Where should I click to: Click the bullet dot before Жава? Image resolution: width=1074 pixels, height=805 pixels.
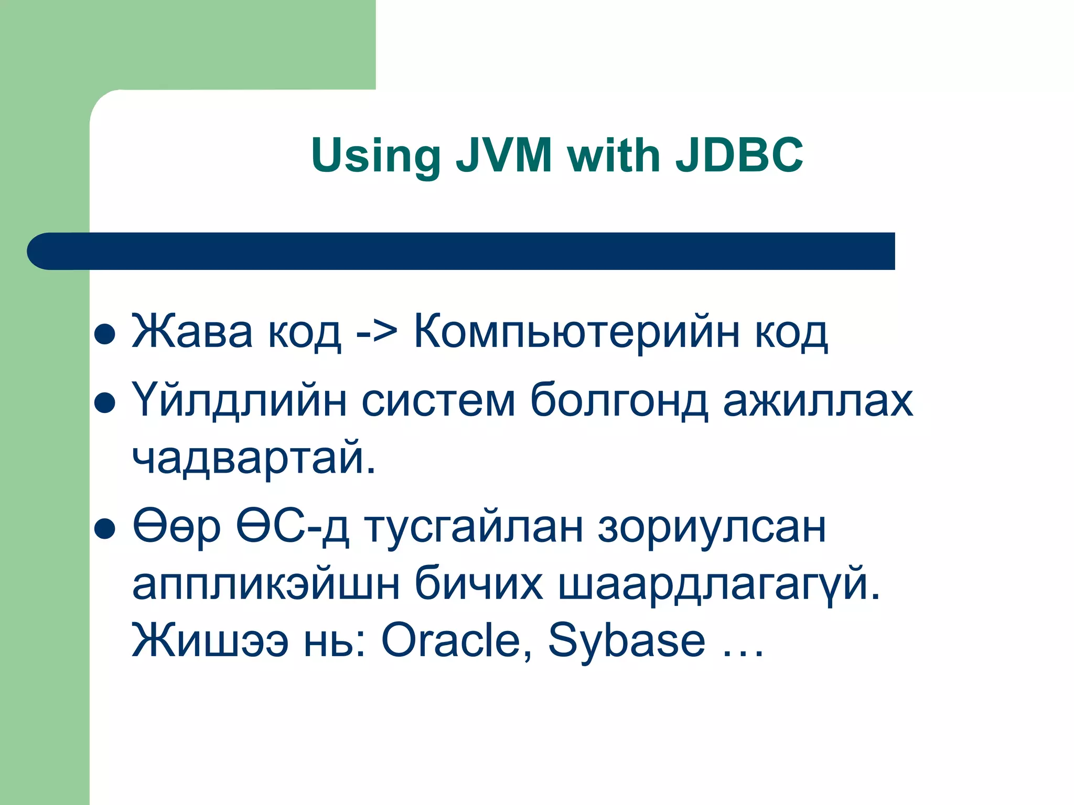pyautogui.click(x=104, y=334)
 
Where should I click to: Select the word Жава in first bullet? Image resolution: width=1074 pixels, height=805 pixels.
pyautogui.click(x=192, y=332)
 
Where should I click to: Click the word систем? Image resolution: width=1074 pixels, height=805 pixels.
pyautogui.click(x=438, y=401)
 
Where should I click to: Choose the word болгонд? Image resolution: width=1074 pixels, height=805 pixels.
pyautogui.click(x=619, y=401)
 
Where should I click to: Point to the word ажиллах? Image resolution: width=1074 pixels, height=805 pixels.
pyautogui.click(x=818, y=401)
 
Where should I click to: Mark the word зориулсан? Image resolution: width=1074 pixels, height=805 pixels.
pyautogui.click(x=712, y=527)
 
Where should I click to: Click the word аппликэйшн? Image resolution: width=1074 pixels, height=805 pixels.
pyautogui.click(x=266, y=584)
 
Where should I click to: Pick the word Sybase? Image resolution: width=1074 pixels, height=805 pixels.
pyautogui.click(x=626, y=640)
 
